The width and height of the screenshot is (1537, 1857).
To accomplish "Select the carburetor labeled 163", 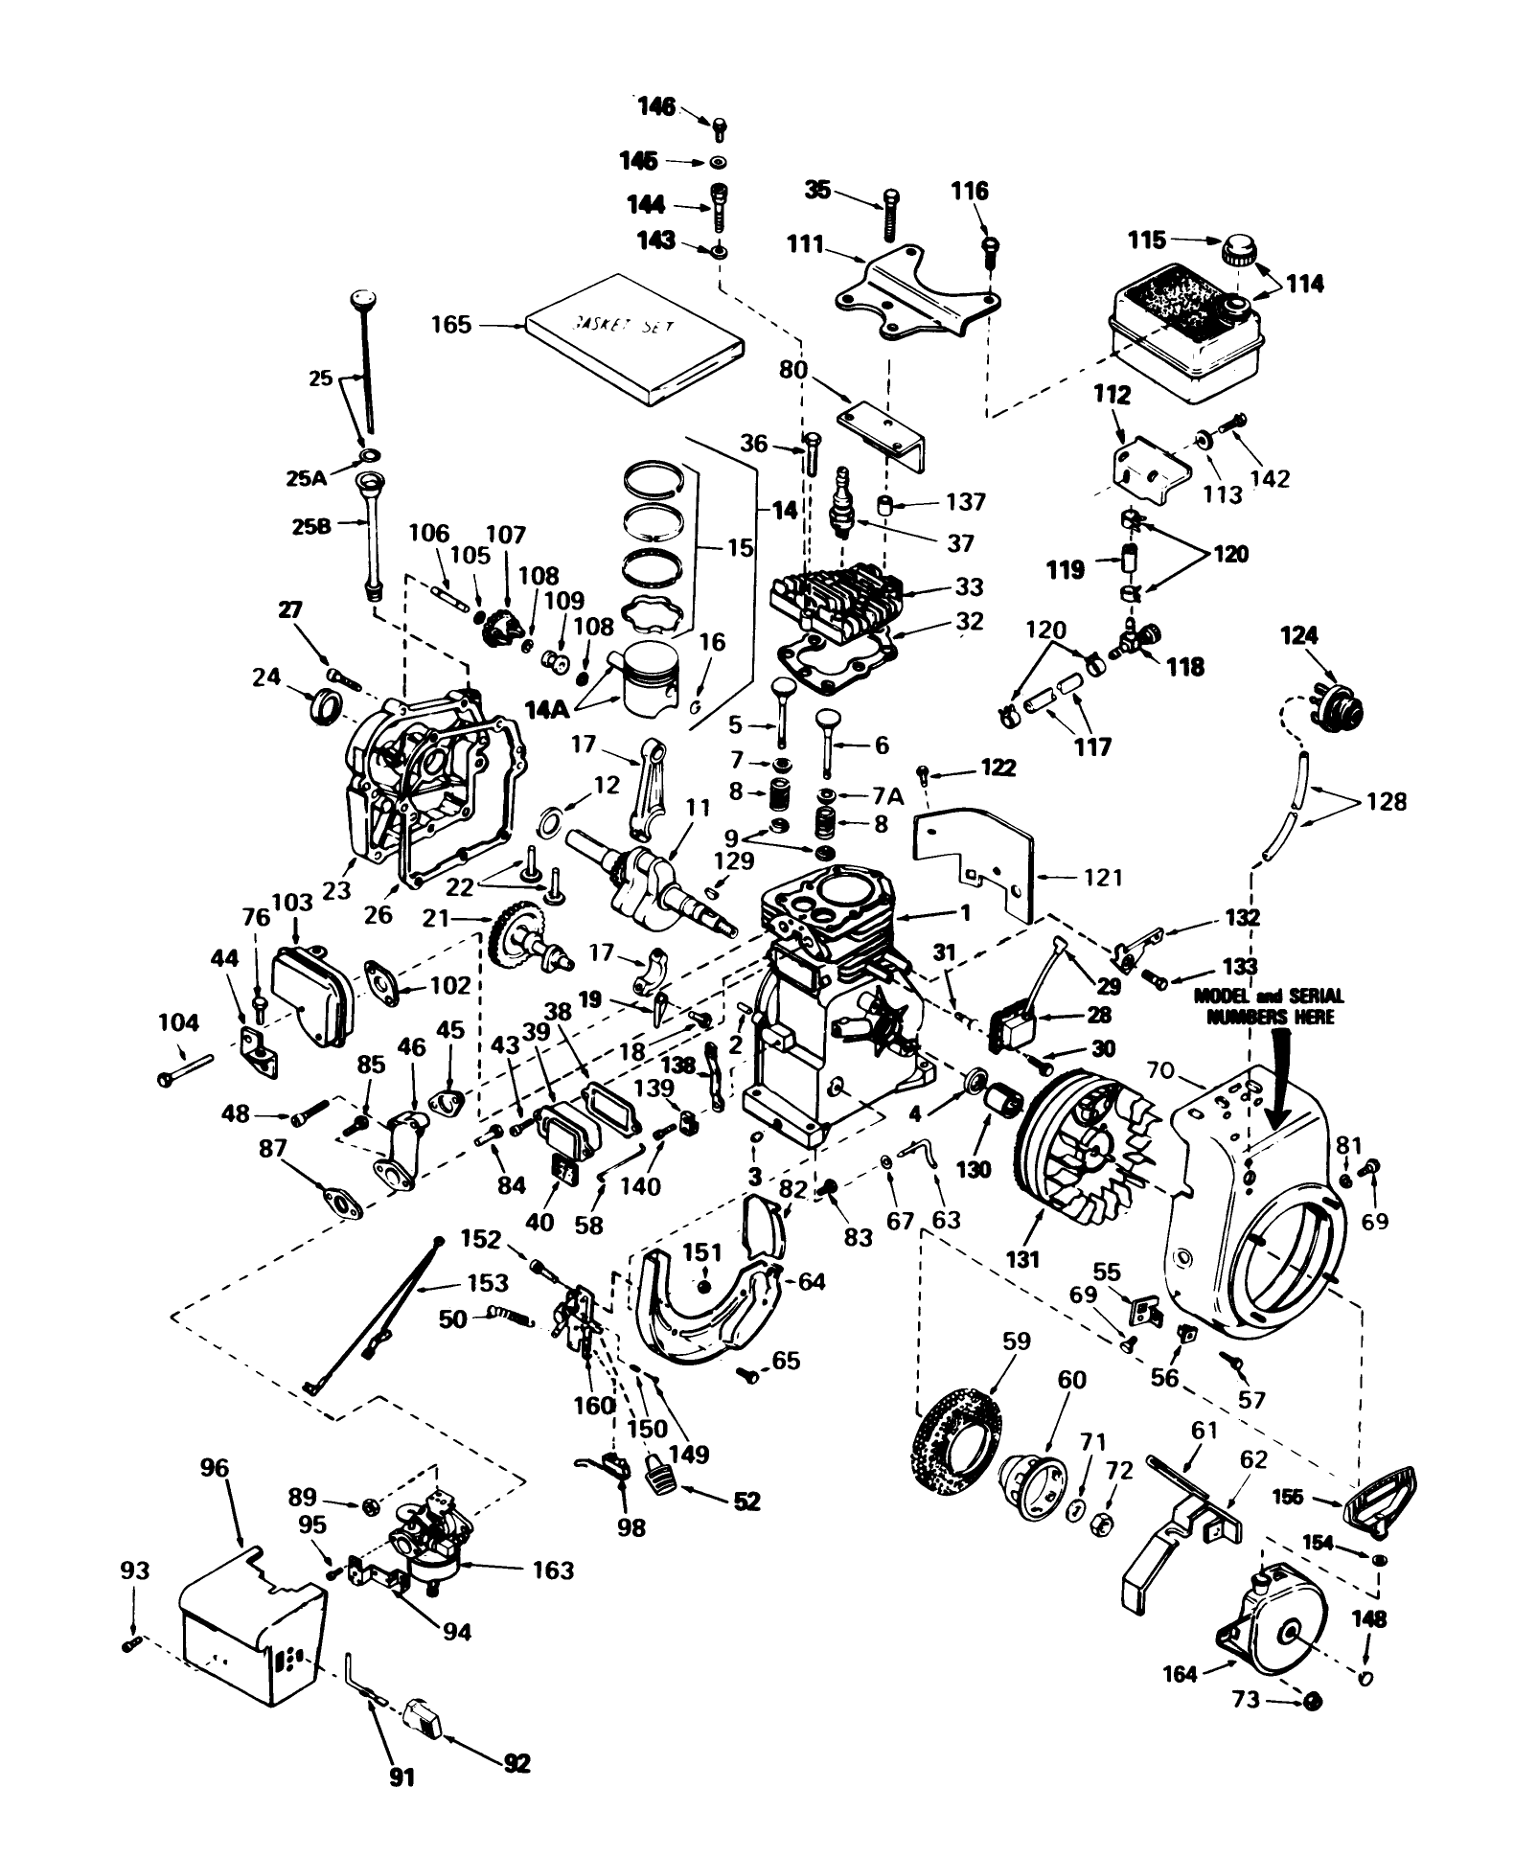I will [425, 1545].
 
